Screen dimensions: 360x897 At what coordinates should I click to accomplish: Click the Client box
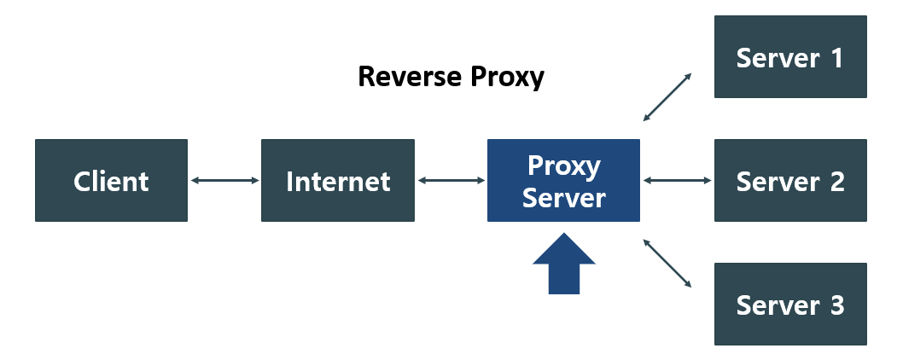pyautogui.click(x=111, y=181)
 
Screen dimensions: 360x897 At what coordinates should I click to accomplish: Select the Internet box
pyautogui.click(x=338, y=181)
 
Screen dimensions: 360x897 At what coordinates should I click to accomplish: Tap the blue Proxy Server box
pyautogui.click(x=563, y=181)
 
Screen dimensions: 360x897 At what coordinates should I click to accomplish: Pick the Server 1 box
pyautogui.click(x=790, y=56)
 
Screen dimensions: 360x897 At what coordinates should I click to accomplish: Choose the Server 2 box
pyautogui.click(x=790, y=181)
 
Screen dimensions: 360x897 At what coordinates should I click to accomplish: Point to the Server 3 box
pyautogui.click(x=790, y=304)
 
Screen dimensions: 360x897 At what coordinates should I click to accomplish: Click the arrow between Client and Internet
pyautogui.click(x=224, y=181)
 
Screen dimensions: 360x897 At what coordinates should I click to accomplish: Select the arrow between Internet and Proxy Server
pyautogui.click(x=451, y=181)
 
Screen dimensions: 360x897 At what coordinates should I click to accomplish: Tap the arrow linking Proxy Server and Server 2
pyautogui.click(x=677, y=181)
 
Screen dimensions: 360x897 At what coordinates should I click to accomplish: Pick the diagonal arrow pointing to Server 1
pyautogui.click(x=667, y=96)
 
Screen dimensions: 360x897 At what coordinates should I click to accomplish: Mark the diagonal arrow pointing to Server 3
pyautogui.click(x=667, y=263)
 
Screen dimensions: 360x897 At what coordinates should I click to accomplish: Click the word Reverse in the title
pyautogui.click(x=409, y=77)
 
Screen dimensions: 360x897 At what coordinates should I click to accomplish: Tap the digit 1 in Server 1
pyautogui.click(x=836, y=57)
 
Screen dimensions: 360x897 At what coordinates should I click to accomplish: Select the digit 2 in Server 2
pyautogui.click(x=836, y=182)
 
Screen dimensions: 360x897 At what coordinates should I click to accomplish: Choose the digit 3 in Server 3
pyautogui.click(x=836, y=305)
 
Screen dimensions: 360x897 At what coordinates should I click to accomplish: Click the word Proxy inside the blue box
pyautogui.click(x=564, y=166)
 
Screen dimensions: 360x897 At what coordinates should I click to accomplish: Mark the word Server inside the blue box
pyautogui.click(x=564, y=198)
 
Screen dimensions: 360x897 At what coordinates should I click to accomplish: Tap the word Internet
pyautogui.click(x=338, y=182)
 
